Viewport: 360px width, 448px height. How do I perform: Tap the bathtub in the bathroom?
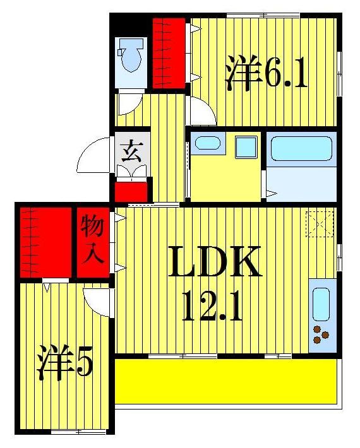coord(299,151)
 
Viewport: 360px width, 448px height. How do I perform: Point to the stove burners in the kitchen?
coord(321,338)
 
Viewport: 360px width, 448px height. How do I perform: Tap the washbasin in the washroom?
coord(207,143)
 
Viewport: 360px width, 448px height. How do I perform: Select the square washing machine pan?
coord(246,147)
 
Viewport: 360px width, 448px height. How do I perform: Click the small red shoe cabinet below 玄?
coord(131,191)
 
